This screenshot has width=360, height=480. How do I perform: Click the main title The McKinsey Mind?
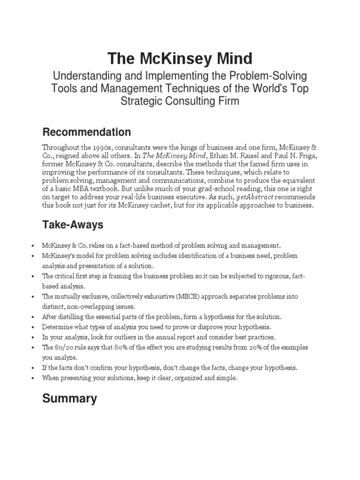[180, 59]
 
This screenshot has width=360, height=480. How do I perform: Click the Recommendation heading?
[86, 131]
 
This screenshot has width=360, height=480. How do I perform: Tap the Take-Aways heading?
[73, 225]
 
